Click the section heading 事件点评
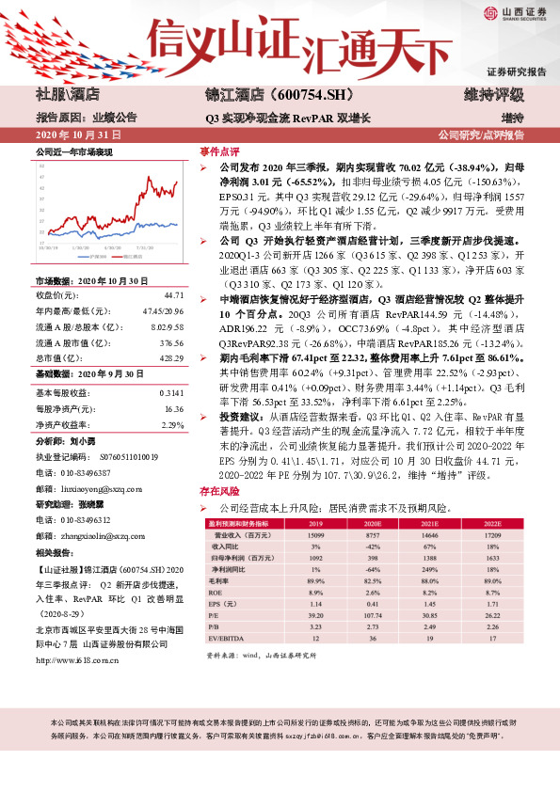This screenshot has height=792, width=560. click(x=218, y=150)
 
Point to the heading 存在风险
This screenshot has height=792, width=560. click(x=218, y=491)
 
